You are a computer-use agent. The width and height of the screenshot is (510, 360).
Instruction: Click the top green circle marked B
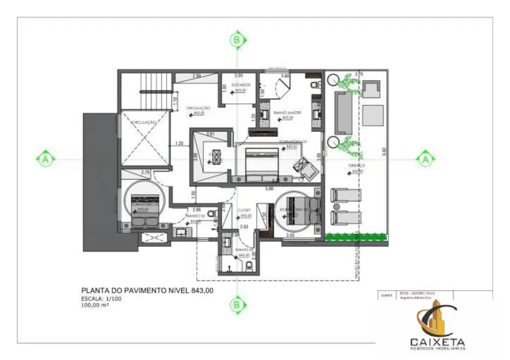(237, 40)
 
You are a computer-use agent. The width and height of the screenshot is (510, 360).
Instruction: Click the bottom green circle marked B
(237, 304)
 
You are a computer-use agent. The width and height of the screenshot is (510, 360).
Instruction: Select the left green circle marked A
(46, 160)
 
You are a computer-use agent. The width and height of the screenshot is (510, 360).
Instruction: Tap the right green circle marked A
(425, 160)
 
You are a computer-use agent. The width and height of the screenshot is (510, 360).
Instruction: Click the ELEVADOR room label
(241, 85)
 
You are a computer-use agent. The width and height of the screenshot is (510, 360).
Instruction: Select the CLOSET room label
(244, 210)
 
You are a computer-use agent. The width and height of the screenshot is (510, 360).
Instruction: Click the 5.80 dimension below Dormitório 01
(269, 189)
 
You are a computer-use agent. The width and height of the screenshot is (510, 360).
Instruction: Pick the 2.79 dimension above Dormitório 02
(146, 173)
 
